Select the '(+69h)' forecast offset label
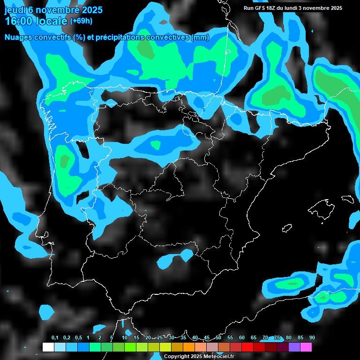click(81, 21)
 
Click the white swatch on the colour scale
click(48, 347)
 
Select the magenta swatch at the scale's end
click(306, 347)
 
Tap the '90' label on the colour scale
click(312, 337)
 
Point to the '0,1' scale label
click(54, 337)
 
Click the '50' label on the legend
click(218, 337)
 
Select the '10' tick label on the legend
click(125, 337)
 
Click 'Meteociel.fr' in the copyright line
click(218, 356)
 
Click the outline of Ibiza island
click(287, 228)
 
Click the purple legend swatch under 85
click(294, 347)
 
